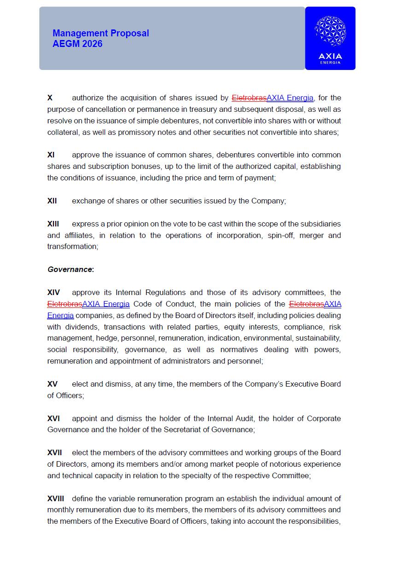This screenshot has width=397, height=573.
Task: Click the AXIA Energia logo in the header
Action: point(330,39)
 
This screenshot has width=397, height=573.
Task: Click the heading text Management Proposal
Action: point(101,33)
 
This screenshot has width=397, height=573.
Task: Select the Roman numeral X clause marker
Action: point(50,98)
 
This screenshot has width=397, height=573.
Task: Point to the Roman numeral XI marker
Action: point(51,155)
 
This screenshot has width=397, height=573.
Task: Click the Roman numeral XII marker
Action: point(52,201)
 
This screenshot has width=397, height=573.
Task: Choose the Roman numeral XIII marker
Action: point(53,224)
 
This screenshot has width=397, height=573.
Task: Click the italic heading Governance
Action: point(70,270)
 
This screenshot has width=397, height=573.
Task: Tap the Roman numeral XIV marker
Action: point(53,293)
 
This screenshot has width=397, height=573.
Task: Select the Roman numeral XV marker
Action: point(53,384)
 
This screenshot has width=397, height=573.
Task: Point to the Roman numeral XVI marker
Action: point(53,419)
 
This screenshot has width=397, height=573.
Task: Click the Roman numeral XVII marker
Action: point(54,453)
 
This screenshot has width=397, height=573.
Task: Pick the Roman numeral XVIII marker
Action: point(56,499)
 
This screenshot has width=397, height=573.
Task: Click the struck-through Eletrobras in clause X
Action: point(249,98)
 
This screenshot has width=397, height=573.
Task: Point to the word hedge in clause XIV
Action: point(106,338)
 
